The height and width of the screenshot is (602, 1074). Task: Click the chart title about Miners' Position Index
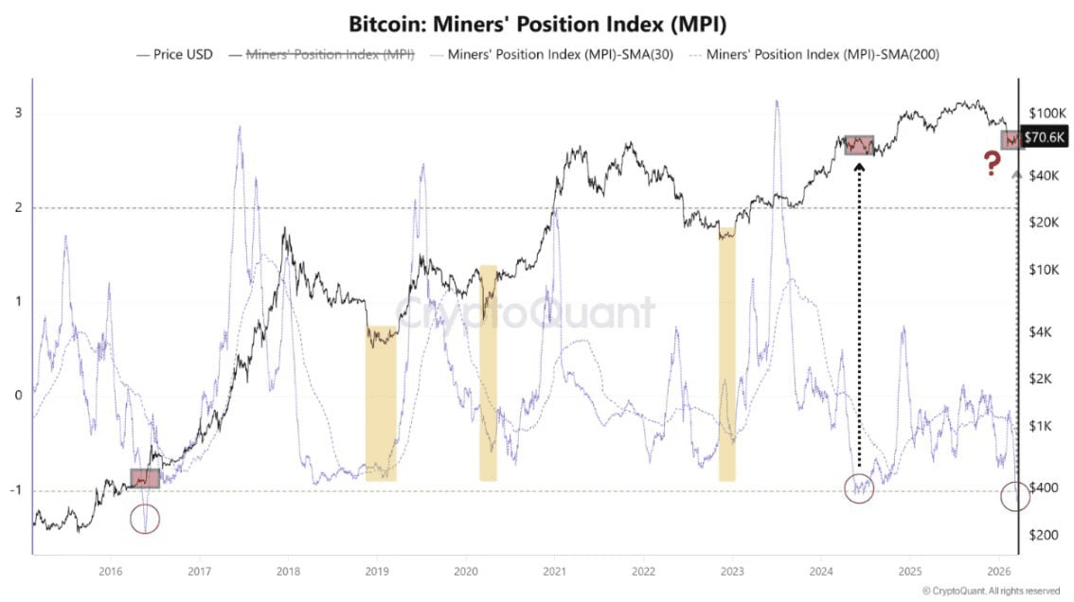coord(537,24)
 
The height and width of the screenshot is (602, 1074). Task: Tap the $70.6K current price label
coord(1045,138)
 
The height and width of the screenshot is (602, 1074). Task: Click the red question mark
coord(992,164)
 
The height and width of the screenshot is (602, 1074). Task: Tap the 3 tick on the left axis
coord(18,114)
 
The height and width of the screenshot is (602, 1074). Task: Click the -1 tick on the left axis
coord(16,490)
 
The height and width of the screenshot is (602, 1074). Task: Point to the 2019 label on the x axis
coord(377,571)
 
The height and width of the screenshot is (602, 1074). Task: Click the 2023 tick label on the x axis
coord(731,571)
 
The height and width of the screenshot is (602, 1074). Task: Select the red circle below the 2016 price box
coord(145,518)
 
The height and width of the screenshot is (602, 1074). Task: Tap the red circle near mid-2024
coord(859,488)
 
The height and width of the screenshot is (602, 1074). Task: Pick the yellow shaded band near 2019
coord(381,403)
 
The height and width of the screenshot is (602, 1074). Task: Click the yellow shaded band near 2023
coord(726,355)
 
